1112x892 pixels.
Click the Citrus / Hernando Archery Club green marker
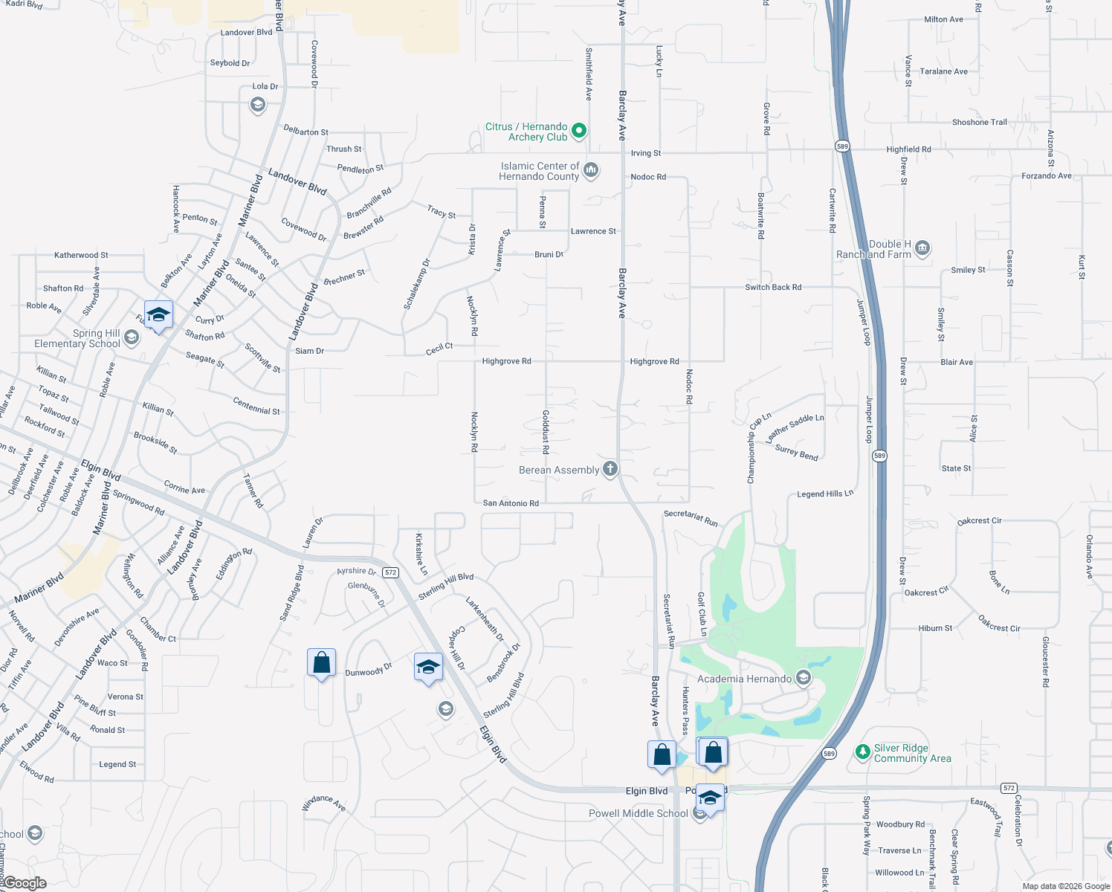[x=579, y=131]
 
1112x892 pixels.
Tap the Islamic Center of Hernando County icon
[x=591, y=170]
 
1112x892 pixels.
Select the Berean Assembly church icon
[x=610, y=468]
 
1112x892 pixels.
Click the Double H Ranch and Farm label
[x=874, y=249]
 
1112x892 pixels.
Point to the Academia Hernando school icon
[x=803, y=678]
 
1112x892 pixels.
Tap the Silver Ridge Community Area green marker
[x=862, y=752]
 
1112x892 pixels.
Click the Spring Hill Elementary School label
[x=77, y=338]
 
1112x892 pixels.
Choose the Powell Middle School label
[x=638, y=813]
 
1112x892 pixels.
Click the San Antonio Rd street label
[x=511, y=503]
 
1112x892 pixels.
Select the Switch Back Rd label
[x=773, y=287]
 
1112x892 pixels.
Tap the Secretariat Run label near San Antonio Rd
[x=691, y=518]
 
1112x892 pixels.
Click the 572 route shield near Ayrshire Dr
[x=391, y=572]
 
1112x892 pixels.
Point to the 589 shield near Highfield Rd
[x=841, y=146]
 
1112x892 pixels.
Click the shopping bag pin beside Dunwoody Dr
[x=321, y=662]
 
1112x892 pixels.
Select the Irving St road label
[x=645, y=153]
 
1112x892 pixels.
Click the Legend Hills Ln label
[x=825, y=494]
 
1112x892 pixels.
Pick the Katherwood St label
[x=81, y=255]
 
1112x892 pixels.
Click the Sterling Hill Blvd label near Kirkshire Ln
[x=445, y=586]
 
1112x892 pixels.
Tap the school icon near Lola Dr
[x=257, y=105]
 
